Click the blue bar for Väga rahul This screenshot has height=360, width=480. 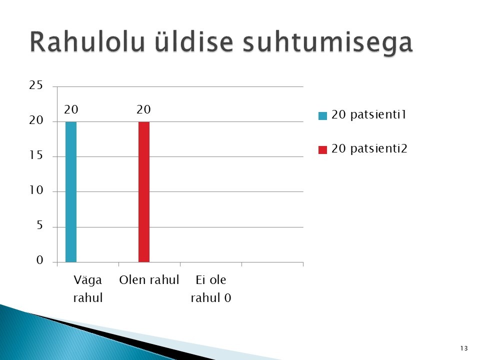pyautogui.click(x=71, y=192)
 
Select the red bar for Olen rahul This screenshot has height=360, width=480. pyautogui.click(x=144, y=192)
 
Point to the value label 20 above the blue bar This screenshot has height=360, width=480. pyautogui.click(x=71, y=109)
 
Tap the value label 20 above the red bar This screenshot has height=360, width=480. pyautogui.click(x=143, y=109)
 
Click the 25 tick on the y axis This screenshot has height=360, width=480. pyautogui.click(x=36, y=85)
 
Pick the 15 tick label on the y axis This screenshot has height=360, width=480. pyautogui.click(x=36, y=155)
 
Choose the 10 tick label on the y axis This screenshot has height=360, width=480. pyautogui.click(x=36, y=190)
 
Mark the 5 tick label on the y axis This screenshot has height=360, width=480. pyautogui.click(x=40, y=225)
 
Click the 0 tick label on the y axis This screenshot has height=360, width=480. pyautogui.click(x=40, y=260)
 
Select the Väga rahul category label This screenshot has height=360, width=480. pyautogui.click(x=88, y=288)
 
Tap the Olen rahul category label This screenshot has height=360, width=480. pyautogui.click(x=149, y=280)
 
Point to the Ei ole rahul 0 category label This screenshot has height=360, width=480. pyautogui.click(x=211, y=288)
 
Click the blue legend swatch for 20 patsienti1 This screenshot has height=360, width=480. pyautogui.click(x=322, y=115)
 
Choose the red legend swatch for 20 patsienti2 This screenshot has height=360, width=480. pyautogui.click(x=322, y=149)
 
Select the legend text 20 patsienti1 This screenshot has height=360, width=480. pyautogui.click(x=369, y=114)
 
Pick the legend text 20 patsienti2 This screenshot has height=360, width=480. pyautogui.click(x=369, y=148)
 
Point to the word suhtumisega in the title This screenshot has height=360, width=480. pyautogui.click(x=327, y=43)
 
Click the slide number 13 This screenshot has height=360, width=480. pyautogui.click(x=464, y=348)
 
